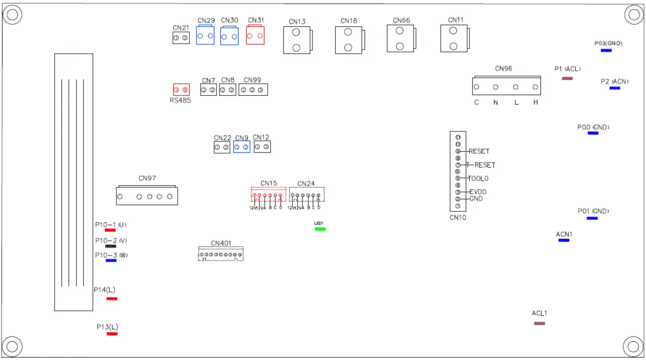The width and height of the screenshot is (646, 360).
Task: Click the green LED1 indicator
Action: [x=320, y=229]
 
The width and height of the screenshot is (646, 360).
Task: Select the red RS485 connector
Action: [x=181, y=90]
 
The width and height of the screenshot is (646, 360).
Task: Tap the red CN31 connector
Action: [x=255, y=36]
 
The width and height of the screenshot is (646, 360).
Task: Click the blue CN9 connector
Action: [x=242, y=147]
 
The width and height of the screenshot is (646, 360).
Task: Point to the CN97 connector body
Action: [x=147, y=196]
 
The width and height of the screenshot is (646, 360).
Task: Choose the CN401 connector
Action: [x=221, y=254]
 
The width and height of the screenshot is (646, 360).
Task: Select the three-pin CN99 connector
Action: [x=252, y=90]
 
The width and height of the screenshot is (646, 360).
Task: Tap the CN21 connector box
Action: [x=181, y=38]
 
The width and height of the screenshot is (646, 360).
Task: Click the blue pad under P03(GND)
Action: [x=606, y=51]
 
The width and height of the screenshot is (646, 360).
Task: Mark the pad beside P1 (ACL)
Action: [x=567, y=78]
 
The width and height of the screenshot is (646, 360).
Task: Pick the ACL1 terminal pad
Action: [x=540, y=323]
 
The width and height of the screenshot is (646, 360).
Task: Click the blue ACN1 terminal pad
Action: [x=564, y=240]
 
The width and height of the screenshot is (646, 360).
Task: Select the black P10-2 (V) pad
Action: [x=111, y=246]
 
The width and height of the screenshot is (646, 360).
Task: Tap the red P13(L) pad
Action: [x=112, y=334]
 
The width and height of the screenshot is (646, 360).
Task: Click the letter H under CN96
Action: [x=535, y=103]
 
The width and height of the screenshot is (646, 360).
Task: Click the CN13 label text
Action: [x=297, y=22]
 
